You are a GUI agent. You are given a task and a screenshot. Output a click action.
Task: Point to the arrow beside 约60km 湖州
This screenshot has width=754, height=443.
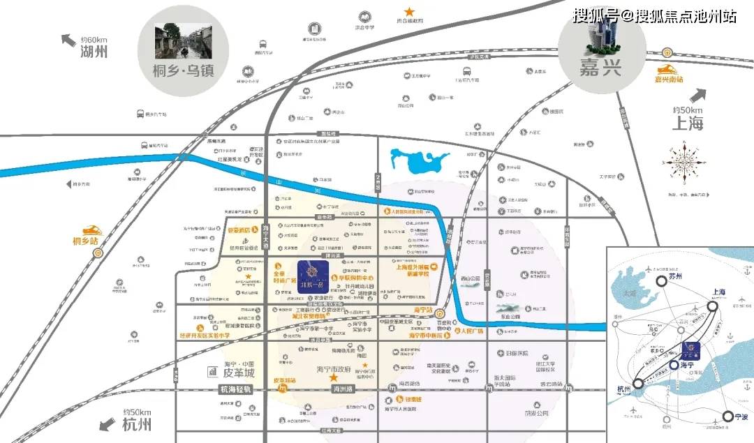point(69,40)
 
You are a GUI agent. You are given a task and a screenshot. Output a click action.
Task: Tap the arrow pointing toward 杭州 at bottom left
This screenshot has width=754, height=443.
point(108,422)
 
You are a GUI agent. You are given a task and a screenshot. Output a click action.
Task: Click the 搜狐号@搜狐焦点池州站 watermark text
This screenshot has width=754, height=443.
point(654,15)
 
